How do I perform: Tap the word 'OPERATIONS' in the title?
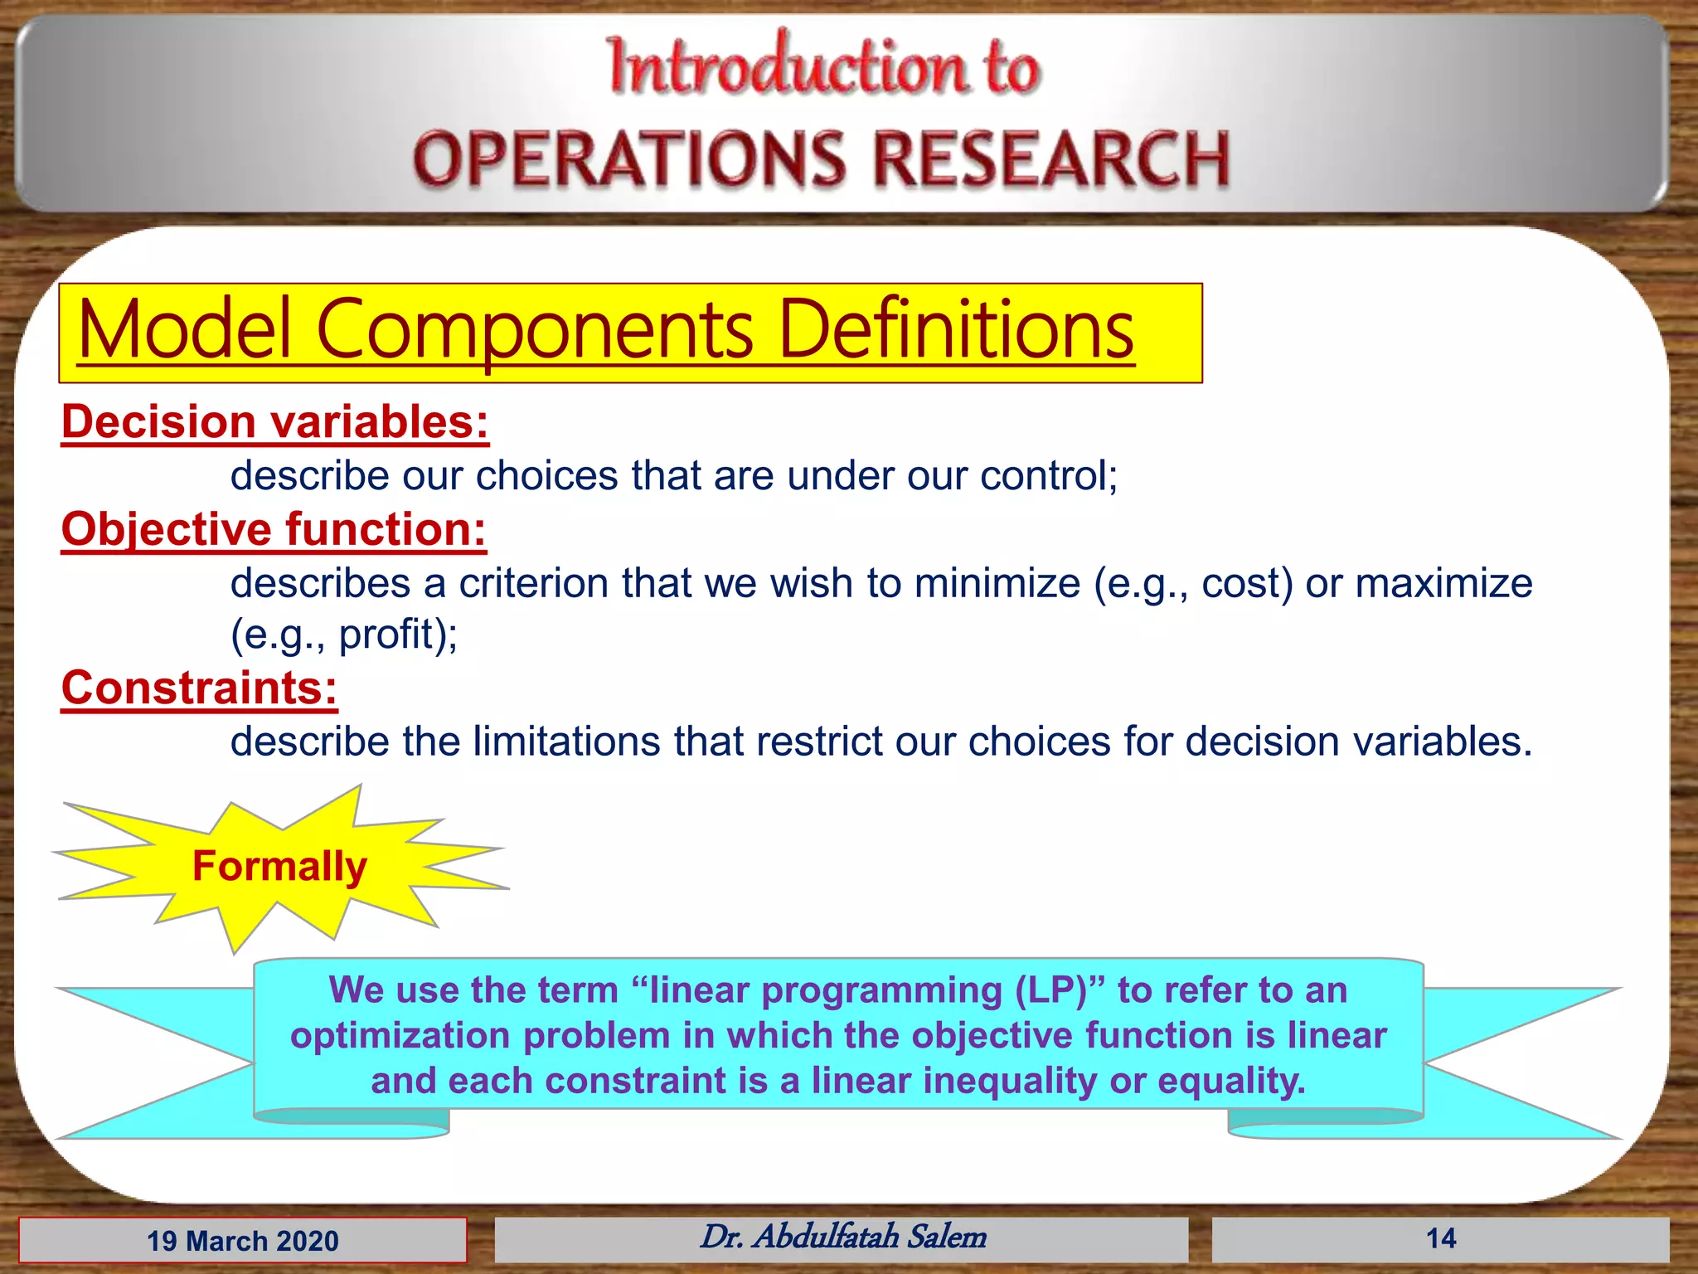click(x=628, y=159)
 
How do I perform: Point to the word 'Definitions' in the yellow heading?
click(x=956, y=330)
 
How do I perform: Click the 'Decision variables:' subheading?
click(x=274, y=422)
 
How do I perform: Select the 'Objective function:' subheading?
click(x=274, y=529)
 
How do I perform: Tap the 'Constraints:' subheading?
click(x=199, y=688)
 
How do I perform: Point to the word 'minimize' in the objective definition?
click(x=997, y=583)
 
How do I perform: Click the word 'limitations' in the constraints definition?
click(x=566, y=742)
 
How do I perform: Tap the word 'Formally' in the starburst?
click(x=279, y=867)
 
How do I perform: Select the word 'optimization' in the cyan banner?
click(x=400, y=1036)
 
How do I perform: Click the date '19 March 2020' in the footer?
click(x=243, y=1241)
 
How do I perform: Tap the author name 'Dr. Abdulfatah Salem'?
click(x=843, y=1238)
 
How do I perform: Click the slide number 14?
click(x=1440, y=1239)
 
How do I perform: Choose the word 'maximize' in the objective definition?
click(x=1443, y=583)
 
